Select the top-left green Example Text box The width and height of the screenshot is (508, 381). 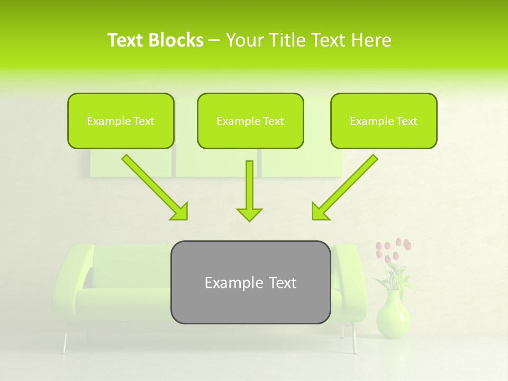coord(121,121)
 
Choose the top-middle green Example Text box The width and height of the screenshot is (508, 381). coord(250,121)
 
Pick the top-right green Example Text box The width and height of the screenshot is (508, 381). coord(384,121)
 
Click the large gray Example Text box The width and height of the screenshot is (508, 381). coord(250,282)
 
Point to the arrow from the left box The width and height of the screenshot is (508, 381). coord(155,187)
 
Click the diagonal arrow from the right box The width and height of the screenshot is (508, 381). coord(344,187)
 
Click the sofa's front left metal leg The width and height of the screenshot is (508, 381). coord(65,342)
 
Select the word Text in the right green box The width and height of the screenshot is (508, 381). coord(406,121)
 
